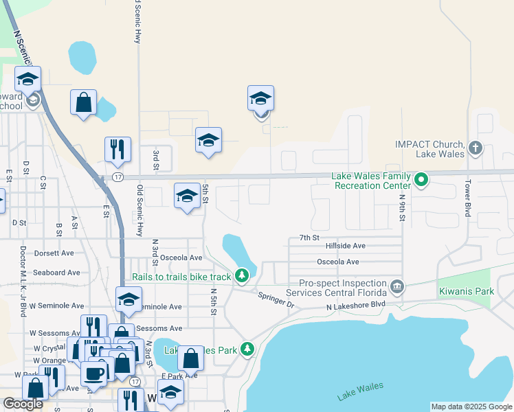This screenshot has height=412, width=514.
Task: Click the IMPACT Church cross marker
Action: coord(475,148)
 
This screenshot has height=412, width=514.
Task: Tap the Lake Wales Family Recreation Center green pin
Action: coord(422,181)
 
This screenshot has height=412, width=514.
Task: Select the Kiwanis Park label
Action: coord(465,292)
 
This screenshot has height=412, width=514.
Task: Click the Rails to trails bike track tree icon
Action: coord(241,276)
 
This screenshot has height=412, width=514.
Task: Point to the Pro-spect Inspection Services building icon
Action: coord(396,286)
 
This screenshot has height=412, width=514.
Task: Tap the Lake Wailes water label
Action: coord(360,391)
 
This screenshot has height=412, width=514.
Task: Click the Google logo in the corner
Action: coord(23,404)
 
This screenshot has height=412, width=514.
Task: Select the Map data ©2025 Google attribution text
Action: coord(471,407)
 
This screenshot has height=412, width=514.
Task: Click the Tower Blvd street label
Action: coord(467,199)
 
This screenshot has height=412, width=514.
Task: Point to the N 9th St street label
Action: coord(402,207)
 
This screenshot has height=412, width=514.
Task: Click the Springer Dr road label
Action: coord(276,299)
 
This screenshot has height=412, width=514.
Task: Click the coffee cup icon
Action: coord(93,373)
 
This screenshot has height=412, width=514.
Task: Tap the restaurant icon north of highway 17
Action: coord(118,149)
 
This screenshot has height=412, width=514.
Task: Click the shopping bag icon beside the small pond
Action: coord(83,102)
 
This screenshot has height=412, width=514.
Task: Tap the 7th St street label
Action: coord(309,238)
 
